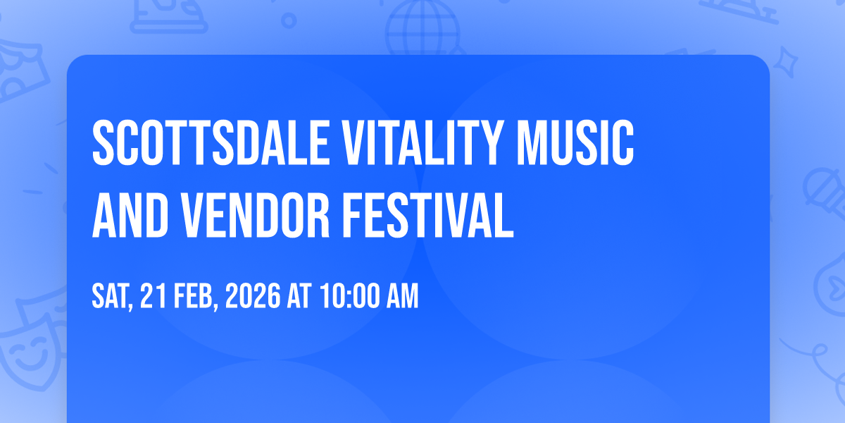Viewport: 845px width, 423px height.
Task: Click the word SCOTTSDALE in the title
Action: coord(211,142)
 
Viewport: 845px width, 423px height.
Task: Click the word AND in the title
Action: coord(130,215)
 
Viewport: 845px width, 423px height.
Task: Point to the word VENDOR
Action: coord(256,215)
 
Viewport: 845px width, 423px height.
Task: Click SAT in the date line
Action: coord(111,296)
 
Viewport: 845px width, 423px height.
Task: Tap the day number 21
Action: coord(154,295)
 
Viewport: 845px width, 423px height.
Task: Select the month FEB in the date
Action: coord(194,296)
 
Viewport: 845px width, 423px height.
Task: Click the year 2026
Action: coord(253,295)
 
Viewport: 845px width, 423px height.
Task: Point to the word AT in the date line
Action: coord(299,295)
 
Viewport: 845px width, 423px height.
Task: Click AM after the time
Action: coord(403,295)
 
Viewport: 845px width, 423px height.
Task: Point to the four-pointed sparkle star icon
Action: coord(785,63)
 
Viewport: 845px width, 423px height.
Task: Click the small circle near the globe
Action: coord(289,20)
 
